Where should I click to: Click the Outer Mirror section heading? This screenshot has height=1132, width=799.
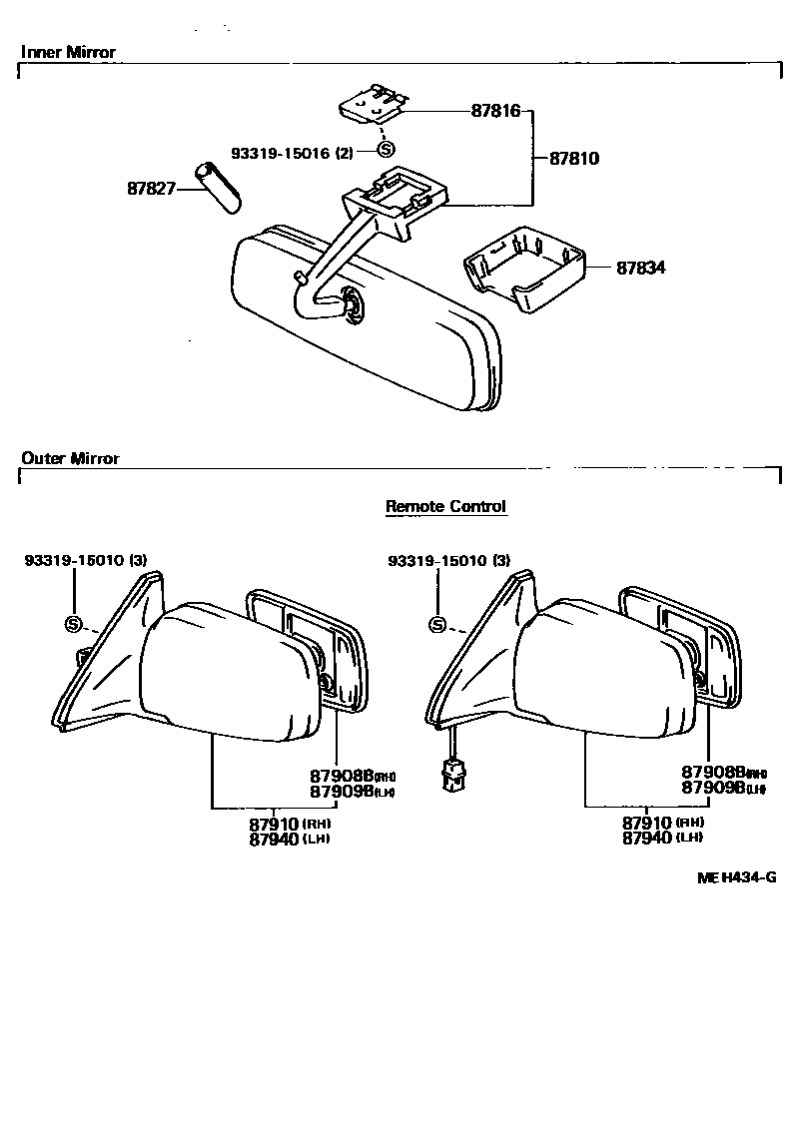70,458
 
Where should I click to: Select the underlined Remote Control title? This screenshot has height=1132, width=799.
446,507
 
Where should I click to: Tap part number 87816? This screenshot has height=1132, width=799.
496,111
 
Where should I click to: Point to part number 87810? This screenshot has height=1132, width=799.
574,158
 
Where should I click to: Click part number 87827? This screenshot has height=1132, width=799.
151,187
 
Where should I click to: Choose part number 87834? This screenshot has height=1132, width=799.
640,268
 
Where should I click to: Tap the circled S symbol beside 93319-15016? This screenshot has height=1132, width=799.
386,151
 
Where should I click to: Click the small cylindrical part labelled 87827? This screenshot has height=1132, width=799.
219,186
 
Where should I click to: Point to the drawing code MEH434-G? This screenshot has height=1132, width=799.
737,877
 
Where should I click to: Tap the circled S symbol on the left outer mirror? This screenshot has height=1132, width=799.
73,624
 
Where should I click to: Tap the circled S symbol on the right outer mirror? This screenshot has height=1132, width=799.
436,625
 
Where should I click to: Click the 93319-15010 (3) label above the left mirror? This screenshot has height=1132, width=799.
86,561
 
